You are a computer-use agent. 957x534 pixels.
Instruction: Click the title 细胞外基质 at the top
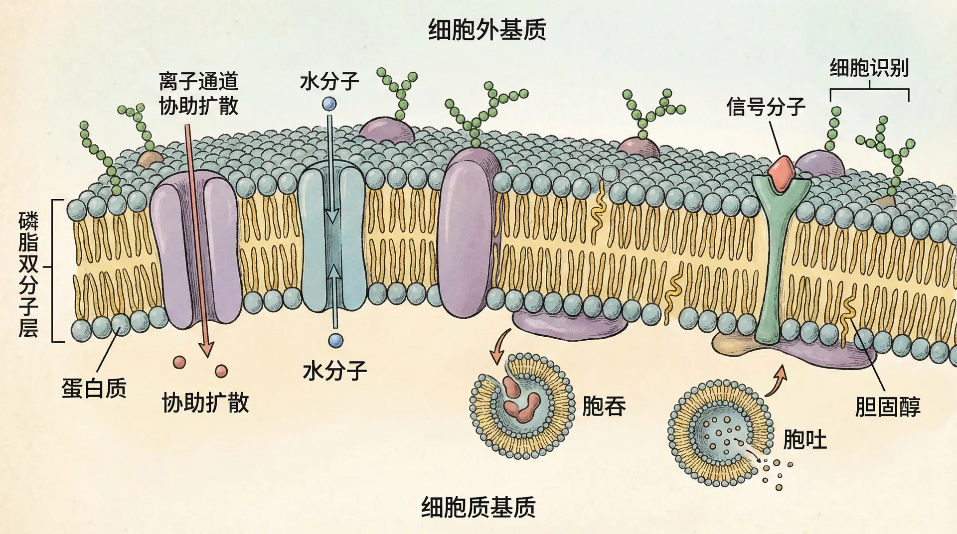pyautogui.click(x=487, y=30)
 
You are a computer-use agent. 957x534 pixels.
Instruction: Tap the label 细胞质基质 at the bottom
pyautogui.click(x=478, y=507)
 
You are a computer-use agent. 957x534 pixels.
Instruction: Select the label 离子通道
pyautogui.click(x=198, y=81)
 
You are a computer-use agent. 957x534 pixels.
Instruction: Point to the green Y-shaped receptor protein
pyautogui.click(x=776, y=259)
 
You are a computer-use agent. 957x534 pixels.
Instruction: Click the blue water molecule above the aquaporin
pyautogui.click(x=329, y=104)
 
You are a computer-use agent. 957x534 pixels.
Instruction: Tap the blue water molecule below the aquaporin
pyautogui.click(x=335, y=340)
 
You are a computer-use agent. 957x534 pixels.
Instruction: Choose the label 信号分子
pyautogui.click(x=766, y=106)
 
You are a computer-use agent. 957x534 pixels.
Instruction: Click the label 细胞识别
pyautogui.click(x=869, y=68)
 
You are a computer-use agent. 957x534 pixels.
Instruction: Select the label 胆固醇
pyautogui.click(x=888, y=407)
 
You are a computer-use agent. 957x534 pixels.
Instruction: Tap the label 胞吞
pyautogui.click(x=604, y=406)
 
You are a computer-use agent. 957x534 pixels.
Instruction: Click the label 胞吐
pyautogui.click(x=804, y=439)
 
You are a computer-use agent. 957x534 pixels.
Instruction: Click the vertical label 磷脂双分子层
pyautogui.click(x=28, y=274)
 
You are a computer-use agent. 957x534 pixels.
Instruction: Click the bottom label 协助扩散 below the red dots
pyautogui.click(x=205, y=402)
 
